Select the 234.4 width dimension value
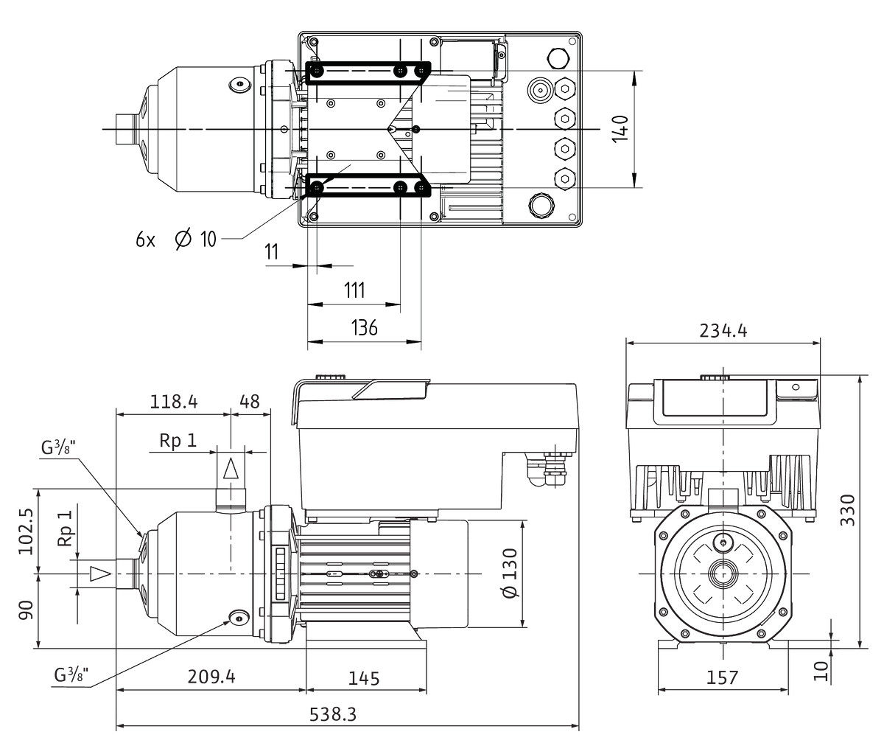[723, 330]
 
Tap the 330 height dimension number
[847, 509]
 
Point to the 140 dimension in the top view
[621, 129]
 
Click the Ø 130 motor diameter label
[509, 573]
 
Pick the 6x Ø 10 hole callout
[176, 240]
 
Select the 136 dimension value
[364, 327]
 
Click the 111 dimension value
[354, 290]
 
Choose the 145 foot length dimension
[365, 677]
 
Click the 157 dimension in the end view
[721, 677]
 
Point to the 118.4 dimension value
[174, 401]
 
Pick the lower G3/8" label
[71, 674]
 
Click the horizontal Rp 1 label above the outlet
[178, 440]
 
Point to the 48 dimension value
[250, 401]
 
